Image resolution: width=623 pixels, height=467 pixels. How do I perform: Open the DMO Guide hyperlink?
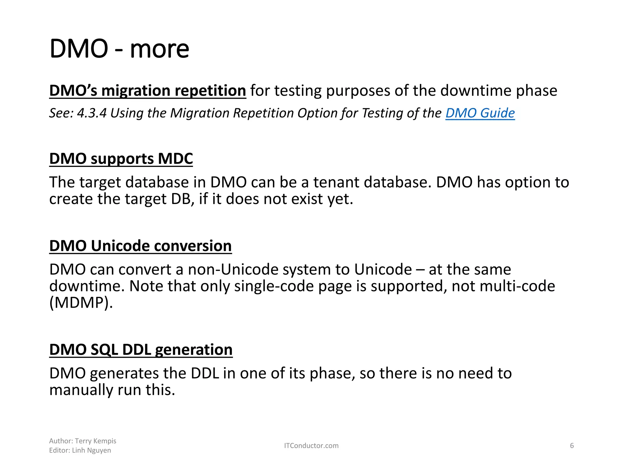480,113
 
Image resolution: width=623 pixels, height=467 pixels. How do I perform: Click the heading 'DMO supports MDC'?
121,159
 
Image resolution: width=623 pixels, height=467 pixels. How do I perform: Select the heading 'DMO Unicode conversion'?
140,246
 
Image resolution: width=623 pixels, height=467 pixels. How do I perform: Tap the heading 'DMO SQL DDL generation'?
141,350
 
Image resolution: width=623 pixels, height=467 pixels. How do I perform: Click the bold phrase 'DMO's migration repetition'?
147,91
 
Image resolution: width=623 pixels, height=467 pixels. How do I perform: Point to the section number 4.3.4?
92,113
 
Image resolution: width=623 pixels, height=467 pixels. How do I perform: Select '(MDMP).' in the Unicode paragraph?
81,303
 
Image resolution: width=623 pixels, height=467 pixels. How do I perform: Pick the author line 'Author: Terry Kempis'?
83,441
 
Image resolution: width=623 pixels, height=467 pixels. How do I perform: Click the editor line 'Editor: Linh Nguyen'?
80,450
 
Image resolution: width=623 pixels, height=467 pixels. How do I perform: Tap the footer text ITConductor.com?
311,446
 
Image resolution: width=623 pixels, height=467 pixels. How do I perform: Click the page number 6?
572,446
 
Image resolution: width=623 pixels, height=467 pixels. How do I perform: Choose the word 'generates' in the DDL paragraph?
124,374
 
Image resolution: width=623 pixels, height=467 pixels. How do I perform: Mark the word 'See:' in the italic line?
61,113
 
